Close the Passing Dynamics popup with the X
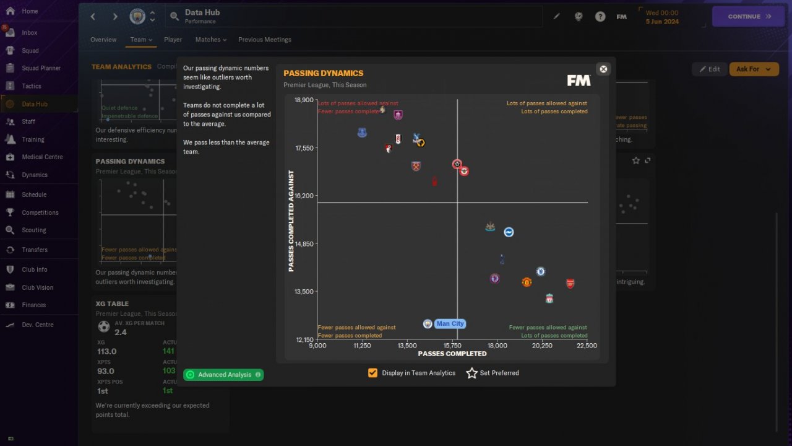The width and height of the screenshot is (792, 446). pos(604,69)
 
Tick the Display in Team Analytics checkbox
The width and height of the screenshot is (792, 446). pos(372,373)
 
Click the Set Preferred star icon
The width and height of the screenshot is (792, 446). pos(472,373)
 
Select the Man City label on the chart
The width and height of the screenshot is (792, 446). pos(450,323)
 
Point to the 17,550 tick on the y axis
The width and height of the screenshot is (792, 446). pos(304,148)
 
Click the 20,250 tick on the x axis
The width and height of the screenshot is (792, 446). pos(542,346)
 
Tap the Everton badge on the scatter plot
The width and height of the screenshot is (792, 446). pos(362,133)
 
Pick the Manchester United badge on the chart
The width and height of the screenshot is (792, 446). pos(527,282)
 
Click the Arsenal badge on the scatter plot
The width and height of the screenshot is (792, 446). pos(570,283)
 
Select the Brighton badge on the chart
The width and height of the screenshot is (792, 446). pos(509,232)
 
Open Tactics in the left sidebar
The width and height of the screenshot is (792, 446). pos(31,86)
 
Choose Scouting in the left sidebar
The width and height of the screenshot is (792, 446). pos(33,230)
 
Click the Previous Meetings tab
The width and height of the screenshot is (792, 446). pos(264,40)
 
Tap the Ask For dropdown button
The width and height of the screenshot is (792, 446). pos(754,69)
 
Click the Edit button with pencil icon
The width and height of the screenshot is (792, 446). pos(709,69)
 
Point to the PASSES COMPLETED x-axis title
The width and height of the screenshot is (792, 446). pos(452,354)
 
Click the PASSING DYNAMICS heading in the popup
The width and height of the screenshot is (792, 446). pos(323,73)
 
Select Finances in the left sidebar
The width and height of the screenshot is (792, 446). pos(33,305)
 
